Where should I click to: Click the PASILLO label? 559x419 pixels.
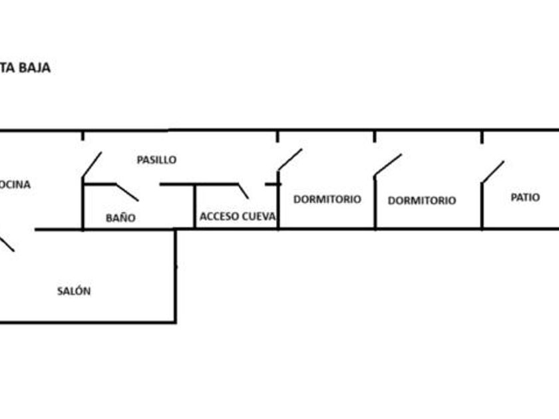(x=156, y=160)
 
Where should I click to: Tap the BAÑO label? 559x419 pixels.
(x=120, y=217)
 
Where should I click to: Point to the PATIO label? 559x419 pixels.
(x=525, y=198)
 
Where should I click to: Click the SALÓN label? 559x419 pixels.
(x=74, y=291)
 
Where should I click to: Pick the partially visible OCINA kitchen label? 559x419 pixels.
(x=15, y=184)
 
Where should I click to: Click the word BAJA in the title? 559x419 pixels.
(x=34, y=67)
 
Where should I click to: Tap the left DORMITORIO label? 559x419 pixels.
(x=327, y=199)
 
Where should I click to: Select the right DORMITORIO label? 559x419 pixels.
(x=422, y=200)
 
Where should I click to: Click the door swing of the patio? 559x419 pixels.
(x=493, y=171)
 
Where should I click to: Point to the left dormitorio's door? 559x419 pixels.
(x=290, y=160)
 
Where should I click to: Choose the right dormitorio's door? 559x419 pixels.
(x=388, y=165)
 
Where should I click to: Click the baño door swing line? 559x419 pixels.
(x=126, y=192)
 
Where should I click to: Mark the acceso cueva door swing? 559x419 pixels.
(x=243, y=191)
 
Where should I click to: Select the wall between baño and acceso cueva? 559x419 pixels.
(x=194, y=208)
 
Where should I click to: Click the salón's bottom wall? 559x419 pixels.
(x=87, y=323)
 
